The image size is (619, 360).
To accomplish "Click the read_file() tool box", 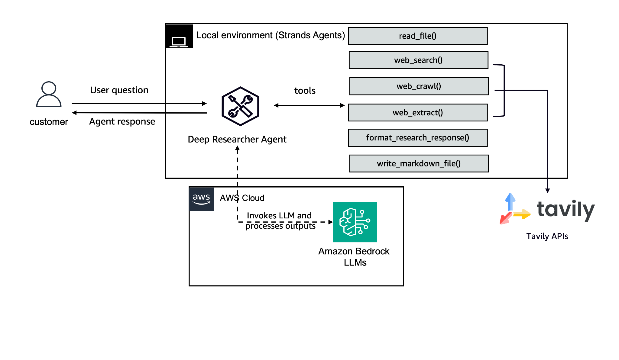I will click(x=418, y=36).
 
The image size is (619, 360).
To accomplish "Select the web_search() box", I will click(x=418, y=60).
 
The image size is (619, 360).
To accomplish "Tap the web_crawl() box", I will click(x=419, y=86).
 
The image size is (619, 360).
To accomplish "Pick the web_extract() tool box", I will click(x=418, y=113).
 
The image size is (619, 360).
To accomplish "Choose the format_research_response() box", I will click(x=418, y=138).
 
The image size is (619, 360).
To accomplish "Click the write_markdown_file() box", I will click(x=419, y=164).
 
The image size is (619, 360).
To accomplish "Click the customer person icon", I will click(x=49, y=94).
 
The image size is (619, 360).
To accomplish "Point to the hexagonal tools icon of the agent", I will click(x=240, y=106).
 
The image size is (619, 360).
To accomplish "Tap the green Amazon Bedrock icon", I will click(x=355, y=222).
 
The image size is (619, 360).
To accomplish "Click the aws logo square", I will click(x=201, y=199).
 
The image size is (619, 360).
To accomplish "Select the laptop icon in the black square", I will click(x=179, y=41).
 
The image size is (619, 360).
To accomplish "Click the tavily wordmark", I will click(x=565, y=210).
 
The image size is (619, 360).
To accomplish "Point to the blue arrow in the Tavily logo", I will click(x=510, y=201).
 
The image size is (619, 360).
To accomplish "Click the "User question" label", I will click(x=119, y=90).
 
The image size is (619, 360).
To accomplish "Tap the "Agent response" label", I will click(x=122, y=121).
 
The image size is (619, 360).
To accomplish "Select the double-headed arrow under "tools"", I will click(x=309, y=105).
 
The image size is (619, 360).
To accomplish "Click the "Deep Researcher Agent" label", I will click(x=237, y=139).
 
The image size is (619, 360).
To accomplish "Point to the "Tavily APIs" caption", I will click(x=547, y=236).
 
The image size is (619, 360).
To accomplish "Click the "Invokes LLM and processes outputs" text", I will click(x=280, y=221).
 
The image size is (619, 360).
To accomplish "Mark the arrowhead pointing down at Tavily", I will click(x=547, y=190).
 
